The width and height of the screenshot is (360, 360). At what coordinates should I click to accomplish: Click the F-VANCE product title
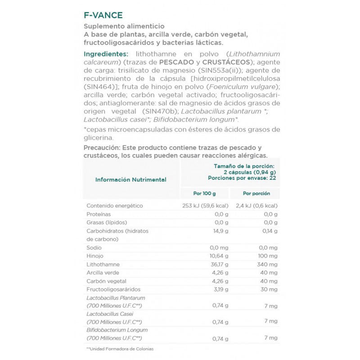[103, 15]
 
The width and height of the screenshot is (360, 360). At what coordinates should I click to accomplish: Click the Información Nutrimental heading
[130, 180]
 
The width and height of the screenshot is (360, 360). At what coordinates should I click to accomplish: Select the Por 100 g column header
[204, 193]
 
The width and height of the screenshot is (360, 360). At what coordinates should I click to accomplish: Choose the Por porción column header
[256, 193]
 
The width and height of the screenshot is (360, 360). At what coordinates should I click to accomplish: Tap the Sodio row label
[94, 247]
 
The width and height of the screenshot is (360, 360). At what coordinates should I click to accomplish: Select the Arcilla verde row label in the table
[103, 273]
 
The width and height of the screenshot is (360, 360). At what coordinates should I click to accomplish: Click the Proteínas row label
[99, 214]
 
